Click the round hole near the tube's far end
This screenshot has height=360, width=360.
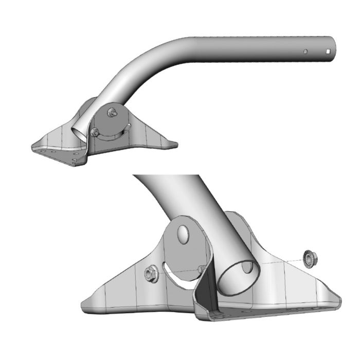(305, 51)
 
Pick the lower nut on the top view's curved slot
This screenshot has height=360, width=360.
(95, 133)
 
